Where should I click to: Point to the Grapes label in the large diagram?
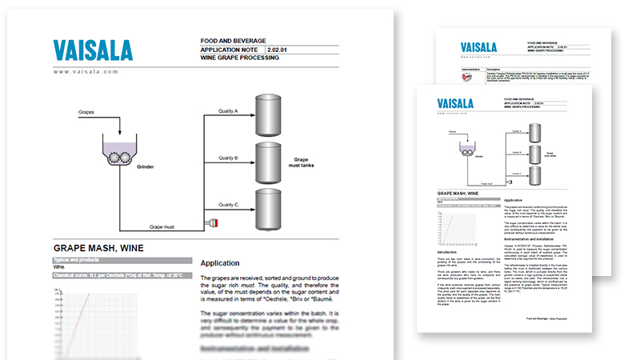pos(88,113)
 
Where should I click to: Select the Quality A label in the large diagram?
pos(229,111)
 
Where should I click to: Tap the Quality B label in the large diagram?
pos(229,158)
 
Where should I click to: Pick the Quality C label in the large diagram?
pos(229,205)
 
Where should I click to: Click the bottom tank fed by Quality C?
pos(272,209)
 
